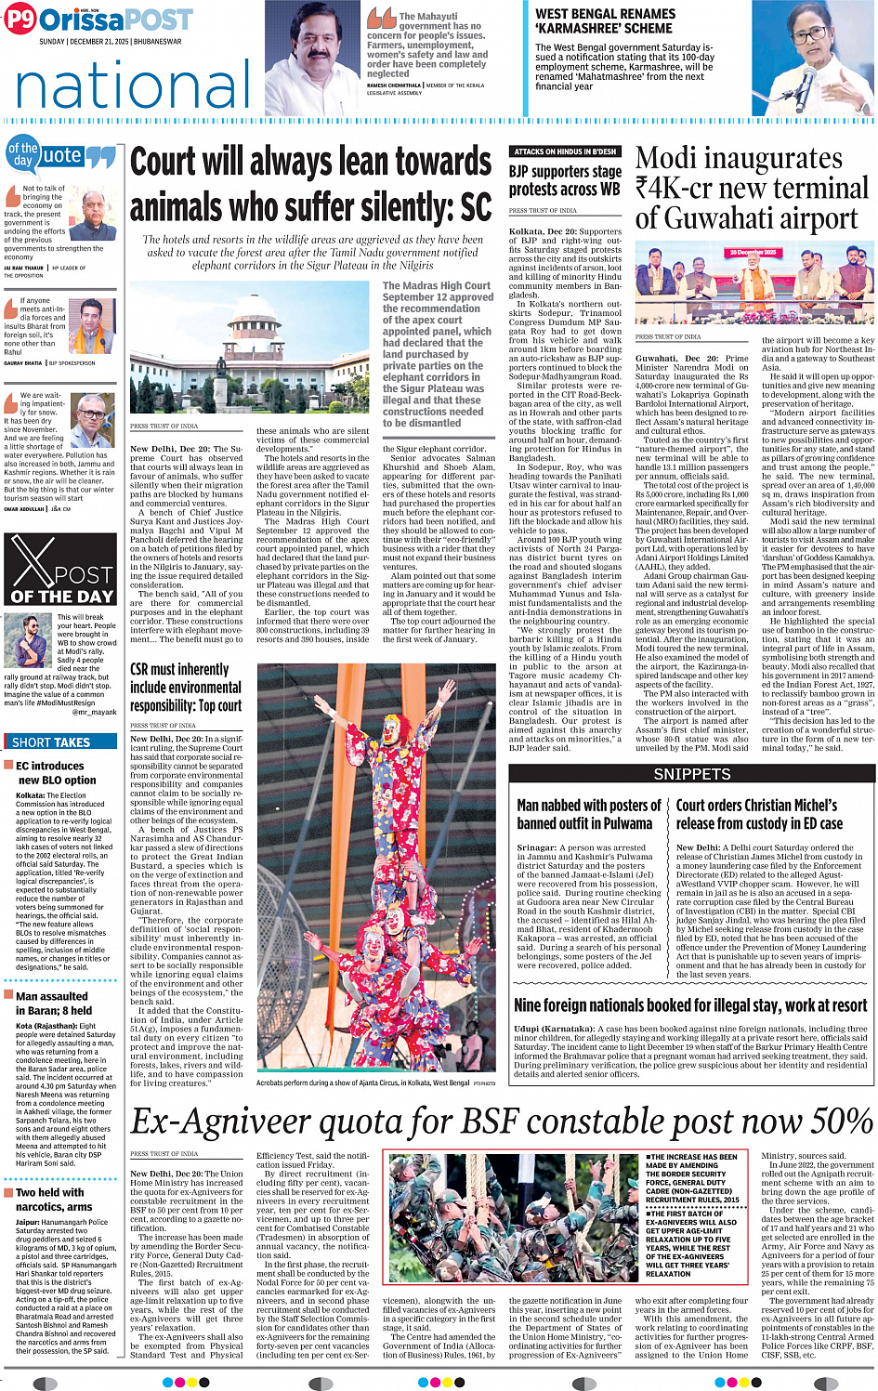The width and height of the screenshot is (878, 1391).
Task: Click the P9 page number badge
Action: (20, 20)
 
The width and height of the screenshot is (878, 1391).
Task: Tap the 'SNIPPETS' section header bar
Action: (691, 774)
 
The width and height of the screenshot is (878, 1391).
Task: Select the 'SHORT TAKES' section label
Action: (51, 742)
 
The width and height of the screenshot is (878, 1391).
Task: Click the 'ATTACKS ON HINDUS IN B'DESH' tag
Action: (565, 151)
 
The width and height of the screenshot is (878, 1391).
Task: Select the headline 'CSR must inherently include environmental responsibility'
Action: (186, 688)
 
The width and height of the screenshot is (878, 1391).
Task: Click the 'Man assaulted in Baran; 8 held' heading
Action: (54, 1004)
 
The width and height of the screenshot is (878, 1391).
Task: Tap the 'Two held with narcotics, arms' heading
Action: (54, 1200)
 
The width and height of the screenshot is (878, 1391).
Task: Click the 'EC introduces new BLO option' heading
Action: (56, 773)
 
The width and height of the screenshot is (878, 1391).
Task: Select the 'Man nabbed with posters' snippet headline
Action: (588, 814)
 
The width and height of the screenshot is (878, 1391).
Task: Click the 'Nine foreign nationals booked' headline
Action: (690, 1005)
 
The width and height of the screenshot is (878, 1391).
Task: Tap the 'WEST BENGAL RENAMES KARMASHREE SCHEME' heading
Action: (605, 20)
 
